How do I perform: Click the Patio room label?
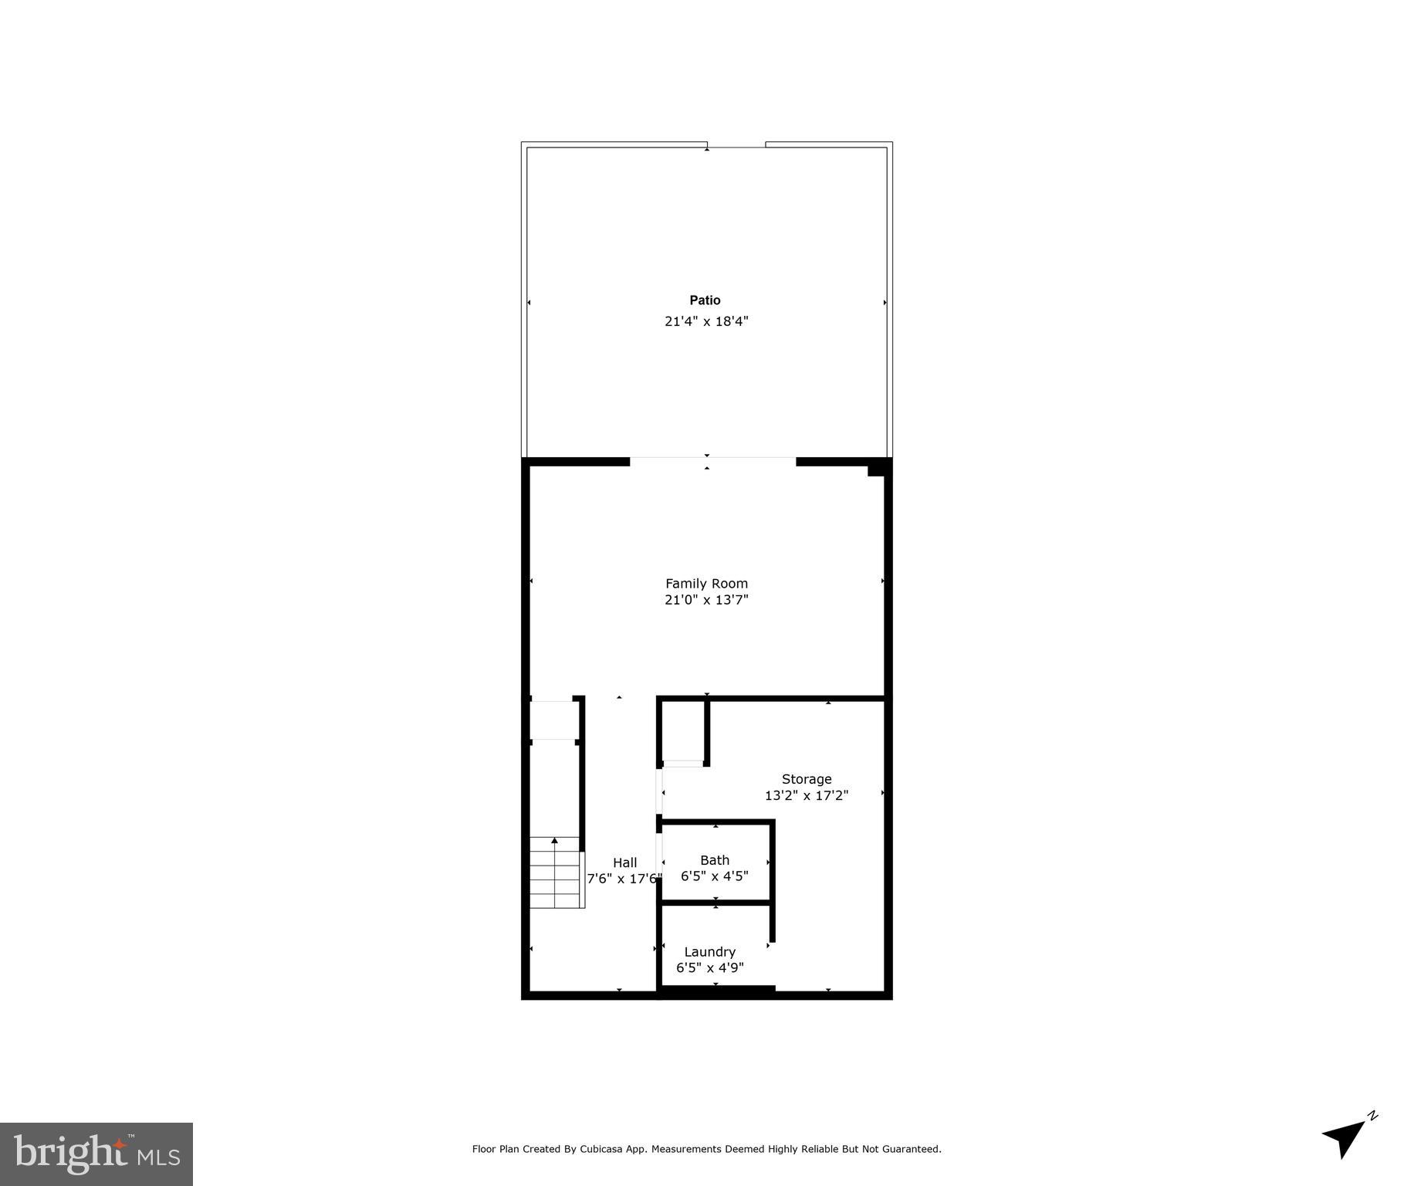[x=705, y=300]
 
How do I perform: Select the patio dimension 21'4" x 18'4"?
[x=706, y=321]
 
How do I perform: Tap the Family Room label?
[x=706, y=584]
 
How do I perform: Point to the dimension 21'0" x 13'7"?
[x=706, y=600]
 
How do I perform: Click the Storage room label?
[x=807, y=779]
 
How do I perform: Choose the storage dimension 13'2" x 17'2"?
[x=807, y=795]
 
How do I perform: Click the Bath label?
[x=715, y=860]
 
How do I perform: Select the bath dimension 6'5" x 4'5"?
[x=715, y=876]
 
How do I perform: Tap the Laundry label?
[x=709, y=952]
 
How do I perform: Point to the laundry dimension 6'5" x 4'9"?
[x=709, y=967]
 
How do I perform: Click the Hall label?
[x=625, y=862]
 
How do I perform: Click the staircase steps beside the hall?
[x=555, y=873]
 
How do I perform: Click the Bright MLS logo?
[x=96, y=1154]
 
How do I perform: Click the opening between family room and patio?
[x=712, y=462]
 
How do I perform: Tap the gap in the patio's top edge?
[x=736, y=145]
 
